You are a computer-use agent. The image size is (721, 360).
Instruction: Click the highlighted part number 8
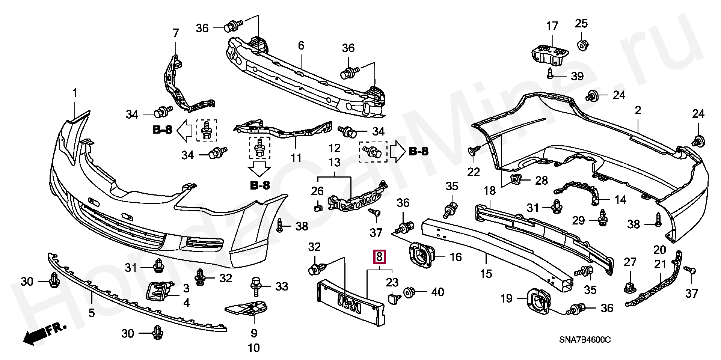tap(379, 257)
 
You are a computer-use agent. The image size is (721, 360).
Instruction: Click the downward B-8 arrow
tap(259, 169)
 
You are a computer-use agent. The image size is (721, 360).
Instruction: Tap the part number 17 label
tap(552, 26)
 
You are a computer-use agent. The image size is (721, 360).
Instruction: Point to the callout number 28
tap(542, 181)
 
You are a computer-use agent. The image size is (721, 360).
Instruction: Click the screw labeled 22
tap(474, 151)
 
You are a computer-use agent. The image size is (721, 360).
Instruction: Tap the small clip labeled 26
tap(318, 206)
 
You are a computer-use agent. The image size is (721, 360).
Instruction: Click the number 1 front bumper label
tap(75, 92)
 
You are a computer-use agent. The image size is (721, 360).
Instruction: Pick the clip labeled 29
tap(603, 218)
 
